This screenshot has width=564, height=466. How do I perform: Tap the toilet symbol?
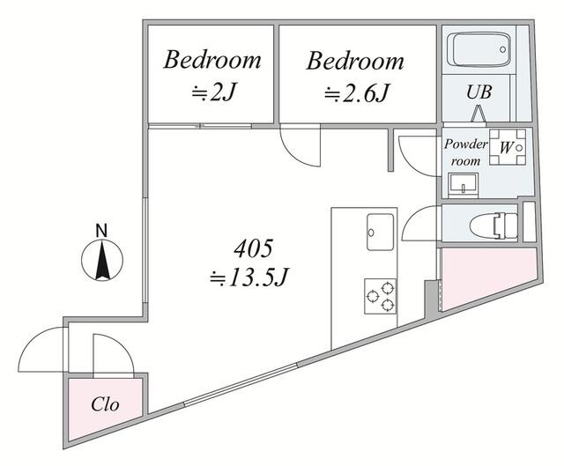493,226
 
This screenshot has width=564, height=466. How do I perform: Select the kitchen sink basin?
380,232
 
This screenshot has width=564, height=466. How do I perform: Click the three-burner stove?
380,296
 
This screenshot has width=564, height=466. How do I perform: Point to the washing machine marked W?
508,147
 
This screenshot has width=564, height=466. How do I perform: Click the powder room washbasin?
464,185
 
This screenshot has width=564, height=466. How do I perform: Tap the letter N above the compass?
102,231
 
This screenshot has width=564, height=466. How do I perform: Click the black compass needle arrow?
102,260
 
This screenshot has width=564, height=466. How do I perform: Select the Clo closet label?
105,404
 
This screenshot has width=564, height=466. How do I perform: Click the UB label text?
479,92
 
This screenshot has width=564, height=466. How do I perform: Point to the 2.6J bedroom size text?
356,93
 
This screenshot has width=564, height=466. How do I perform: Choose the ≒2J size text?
213,92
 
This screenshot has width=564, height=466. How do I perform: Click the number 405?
253,248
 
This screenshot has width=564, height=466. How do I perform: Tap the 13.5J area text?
249,277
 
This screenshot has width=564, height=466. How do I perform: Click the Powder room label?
466,152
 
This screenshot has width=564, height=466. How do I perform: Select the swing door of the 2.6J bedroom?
300,144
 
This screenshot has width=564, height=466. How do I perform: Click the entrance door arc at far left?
41,350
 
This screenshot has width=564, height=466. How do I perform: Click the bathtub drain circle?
503,49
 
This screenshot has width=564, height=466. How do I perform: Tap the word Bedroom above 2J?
212,60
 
